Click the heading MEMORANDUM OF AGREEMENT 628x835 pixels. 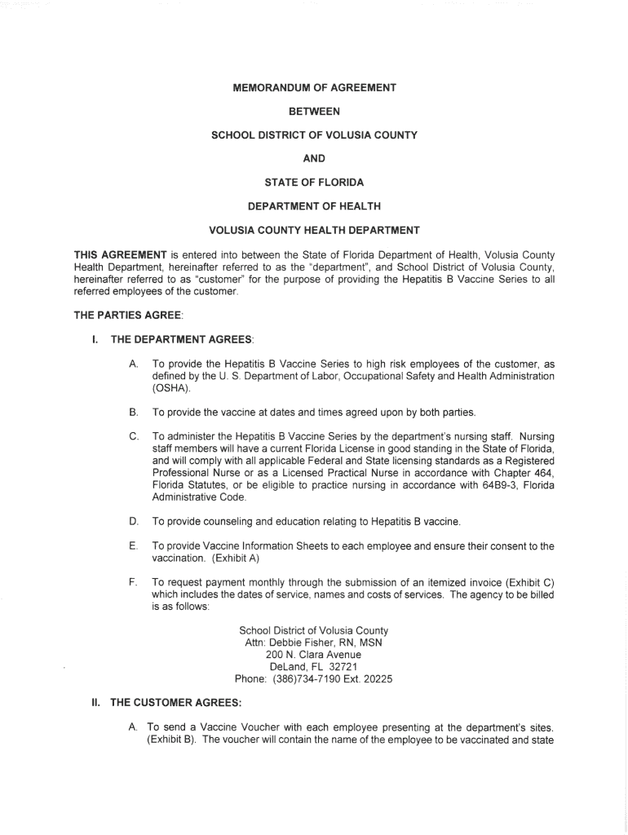[314, 87]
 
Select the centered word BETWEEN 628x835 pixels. [314, 111]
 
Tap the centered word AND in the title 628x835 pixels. [314, 158]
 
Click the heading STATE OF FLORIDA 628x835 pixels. [314, 182]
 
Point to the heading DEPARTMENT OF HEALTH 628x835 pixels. [314, 205]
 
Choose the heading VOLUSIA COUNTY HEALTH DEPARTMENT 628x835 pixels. [314, 229]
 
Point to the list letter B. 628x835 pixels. [133, 412]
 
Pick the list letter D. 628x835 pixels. [133, 521]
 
